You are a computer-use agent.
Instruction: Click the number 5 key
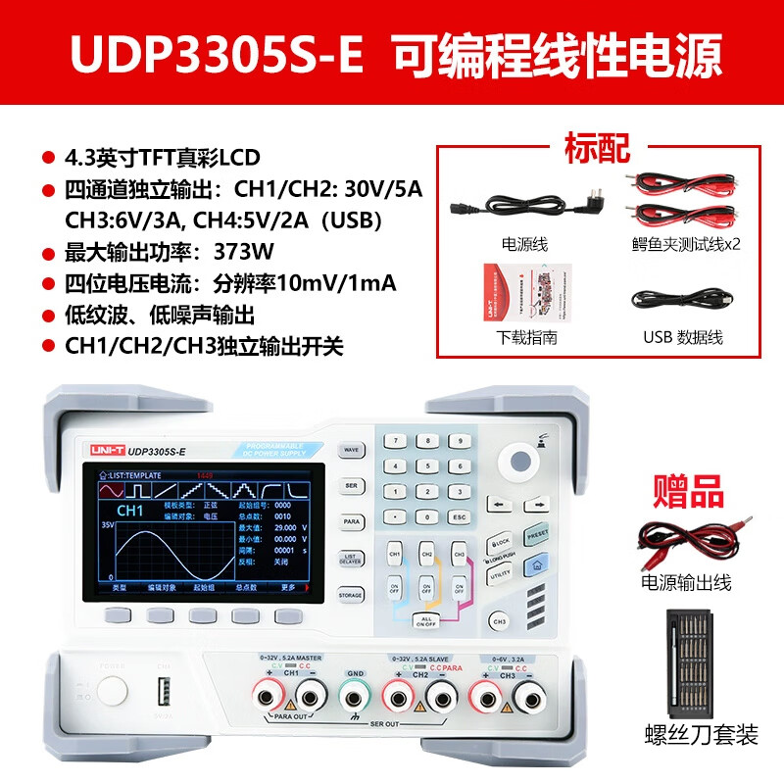(426, 465)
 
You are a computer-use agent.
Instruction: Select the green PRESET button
(537, 536)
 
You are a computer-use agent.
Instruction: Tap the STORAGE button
(350, 595)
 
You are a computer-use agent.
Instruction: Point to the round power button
(113, 691)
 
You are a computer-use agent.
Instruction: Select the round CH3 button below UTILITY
(500, 621)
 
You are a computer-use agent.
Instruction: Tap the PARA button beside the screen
(350, 522)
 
